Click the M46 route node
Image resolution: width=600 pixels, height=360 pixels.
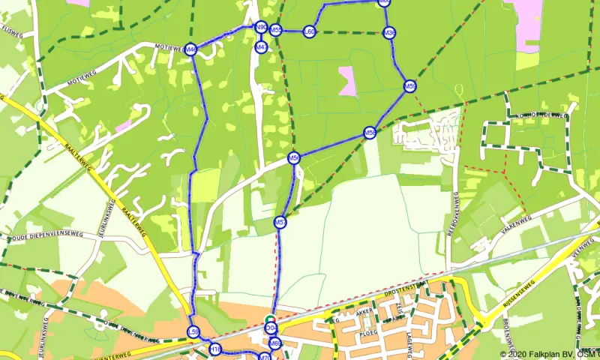[x=190, y=49]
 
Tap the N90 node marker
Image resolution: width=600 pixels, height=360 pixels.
[x=260, y=27]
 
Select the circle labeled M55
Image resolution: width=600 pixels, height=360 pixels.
[x=276, y=30]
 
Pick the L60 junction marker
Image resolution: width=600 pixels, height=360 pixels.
[x=309, y=31]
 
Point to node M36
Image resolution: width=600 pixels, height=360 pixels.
[x=388, y=33]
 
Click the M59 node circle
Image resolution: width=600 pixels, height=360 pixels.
[x=409, y=86]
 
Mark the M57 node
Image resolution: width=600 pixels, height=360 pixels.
[x=280, y=222]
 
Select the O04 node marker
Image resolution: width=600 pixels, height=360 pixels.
[x=271, y=328]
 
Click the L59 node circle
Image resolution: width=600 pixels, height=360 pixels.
[x=193, y=332]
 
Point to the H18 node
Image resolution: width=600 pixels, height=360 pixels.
[x=215, y=349]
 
